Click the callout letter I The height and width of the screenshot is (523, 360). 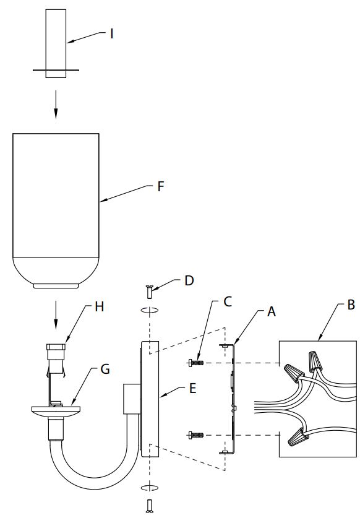click(112, 33)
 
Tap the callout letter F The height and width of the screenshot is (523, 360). click(161, 186)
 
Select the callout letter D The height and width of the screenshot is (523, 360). click(189, 280)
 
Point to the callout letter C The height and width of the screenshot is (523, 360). click(228, 301)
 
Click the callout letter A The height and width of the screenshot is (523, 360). click(272, 311)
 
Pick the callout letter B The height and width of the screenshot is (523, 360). click(351, 305)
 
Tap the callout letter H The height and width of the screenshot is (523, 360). click(100, 306)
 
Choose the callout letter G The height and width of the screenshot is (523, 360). click(105, 370)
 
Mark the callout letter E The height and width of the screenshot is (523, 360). click(192, 389)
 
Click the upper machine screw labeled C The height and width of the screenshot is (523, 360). click(195, 363)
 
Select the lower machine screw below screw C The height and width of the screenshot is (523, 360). click(195, 435)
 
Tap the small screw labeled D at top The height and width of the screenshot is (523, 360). click(149, 292)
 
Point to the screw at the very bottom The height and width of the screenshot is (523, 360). click(149, 506)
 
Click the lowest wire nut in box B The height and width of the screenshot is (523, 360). click(297, 436)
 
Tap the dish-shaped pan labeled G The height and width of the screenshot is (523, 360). click(56, 411)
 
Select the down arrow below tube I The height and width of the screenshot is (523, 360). click(56, 104)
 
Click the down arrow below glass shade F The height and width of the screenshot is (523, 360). click(56, 315)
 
